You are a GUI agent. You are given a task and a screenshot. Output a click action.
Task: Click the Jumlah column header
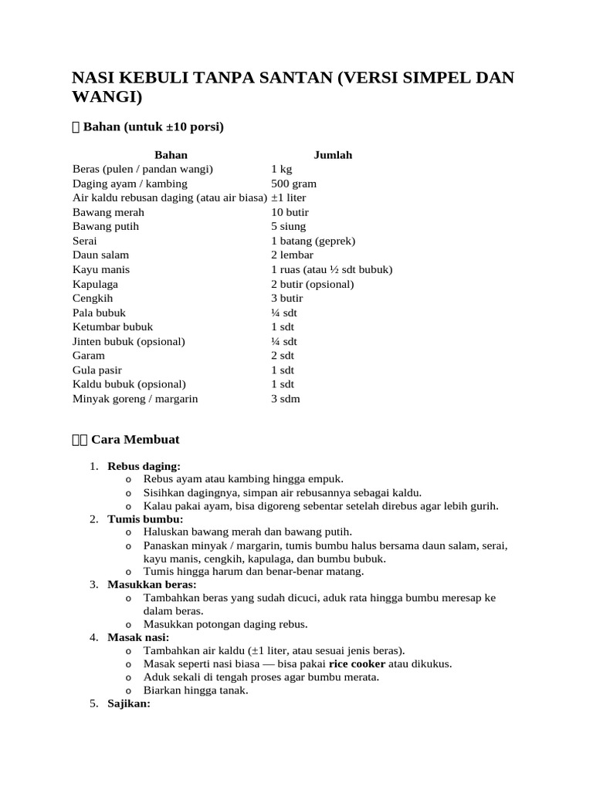click(332, 155)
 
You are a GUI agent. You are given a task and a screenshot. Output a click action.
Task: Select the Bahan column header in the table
click(171, 155)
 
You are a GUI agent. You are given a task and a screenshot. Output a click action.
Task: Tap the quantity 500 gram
click(293, 184)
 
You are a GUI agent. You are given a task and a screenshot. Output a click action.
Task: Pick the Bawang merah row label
click(108, 212)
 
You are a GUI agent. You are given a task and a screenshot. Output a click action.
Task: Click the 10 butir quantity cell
click(290, 212)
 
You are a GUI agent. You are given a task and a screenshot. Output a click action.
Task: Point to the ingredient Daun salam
click(100, 255)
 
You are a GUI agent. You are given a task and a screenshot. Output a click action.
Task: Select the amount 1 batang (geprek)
click(313, 241)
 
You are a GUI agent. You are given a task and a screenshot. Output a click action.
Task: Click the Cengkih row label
click(91, 298)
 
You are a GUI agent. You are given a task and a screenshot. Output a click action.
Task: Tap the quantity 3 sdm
click(285, 399)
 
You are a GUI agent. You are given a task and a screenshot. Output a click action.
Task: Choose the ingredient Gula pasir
click(97, 370)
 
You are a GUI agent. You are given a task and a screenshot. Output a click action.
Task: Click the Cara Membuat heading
click(135, 440)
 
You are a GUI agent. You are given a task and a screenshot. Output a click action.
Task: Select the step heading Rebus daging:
click(144, 467)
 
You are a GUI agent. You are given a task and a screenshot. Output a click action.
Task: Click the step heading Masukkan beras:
click(152, 585)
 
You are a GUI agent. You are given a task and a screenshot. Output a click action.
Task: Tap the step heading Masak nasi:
click(138, 637)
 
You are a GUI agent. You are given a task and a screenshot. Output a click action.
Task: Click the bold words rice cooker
click(357, 663)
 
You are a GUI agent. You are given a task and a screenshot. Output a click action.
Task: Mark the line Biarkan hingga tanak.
click(195, 690)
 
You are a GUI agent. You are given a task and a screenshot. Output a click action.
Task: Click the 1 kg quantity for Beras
click(281, 169)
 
